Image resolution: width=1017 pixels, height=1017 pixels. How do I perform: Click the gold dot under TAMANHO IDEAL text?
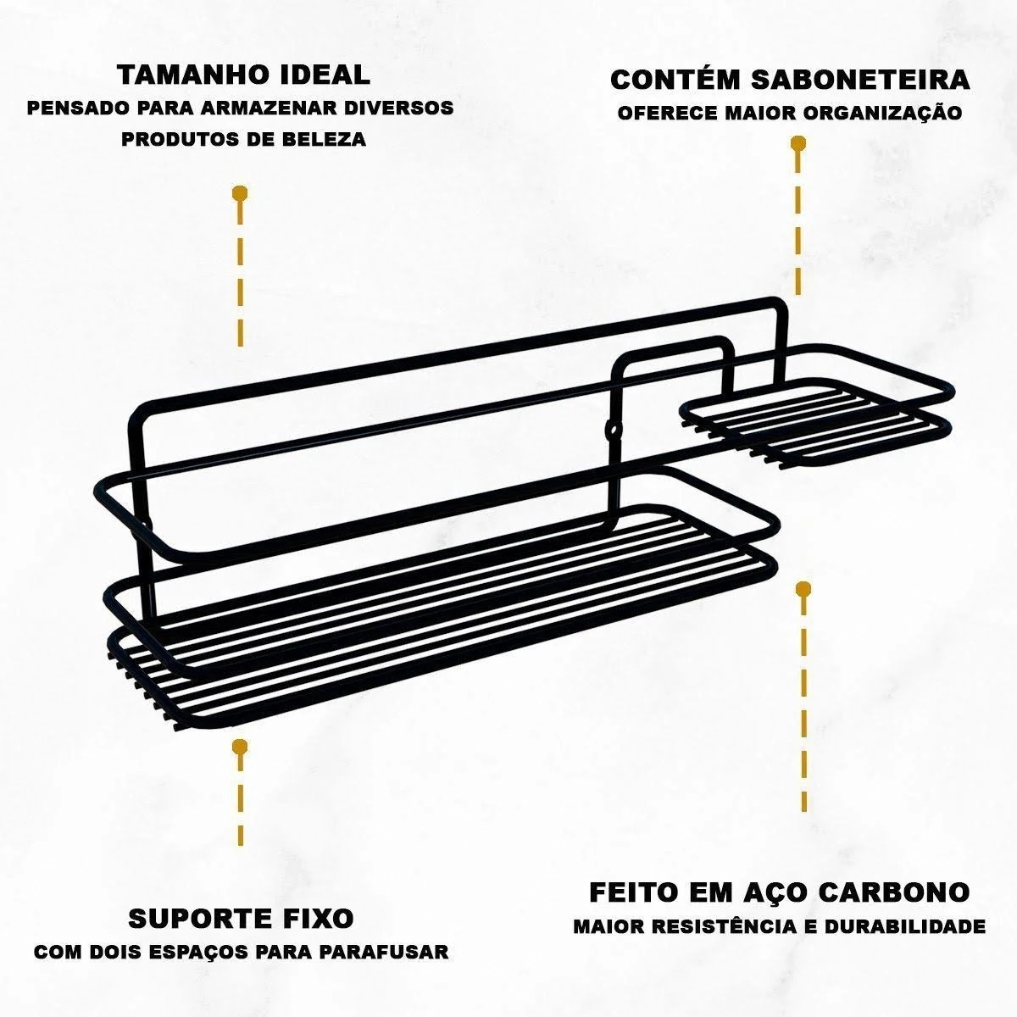pos(240,193)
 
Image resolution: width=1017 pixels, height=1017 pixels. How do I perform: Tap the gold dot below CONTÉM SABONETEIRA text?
pos(798,143)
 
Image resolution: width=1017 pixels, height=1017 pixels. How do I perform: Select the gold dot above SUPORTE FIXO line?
pos(240,747)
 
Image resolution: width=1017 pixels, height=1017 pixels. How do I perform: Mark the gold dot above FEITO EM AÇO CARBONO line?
pos(803,589)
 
